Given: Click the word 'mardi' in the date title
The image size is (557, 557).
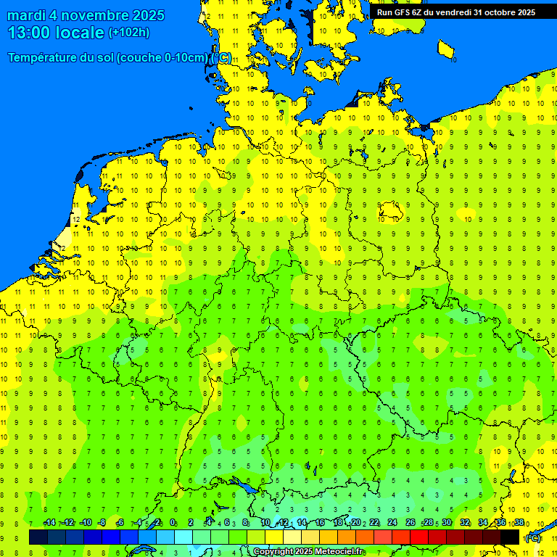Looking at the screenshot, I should click(26, 15).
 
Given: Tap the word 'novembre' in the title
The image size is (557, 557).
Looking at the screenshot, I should click(96, 15).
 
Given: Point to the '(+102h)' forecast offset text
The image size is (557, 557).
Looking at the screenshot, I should click(128, 32).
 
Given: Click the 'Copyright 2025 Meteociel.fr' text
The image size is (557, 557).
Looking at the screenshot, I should click(308, 552).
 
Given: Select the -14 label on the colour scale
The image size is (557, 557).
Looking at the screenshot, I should click(49, 522).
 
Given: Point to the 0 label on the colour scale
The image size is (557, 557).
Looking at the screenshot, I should click(173, 522).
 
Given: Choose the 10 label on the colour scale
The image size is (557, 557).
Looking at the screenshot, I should click(265, 522).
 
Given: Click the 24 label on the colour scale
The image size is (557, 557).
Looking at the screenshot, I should click(392, 522).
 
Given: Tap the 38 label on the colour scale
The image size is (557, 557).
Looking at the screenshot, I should click(519, 522).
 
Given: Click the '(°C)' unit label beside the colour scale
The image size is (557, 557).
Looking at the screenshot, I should click(533, 537).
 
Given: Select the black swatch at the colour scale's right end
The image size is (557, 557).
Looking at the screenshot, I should click(510, 537).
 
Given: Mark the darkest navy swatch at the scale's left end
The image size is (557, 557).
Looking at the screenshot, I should click(38, 537).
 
